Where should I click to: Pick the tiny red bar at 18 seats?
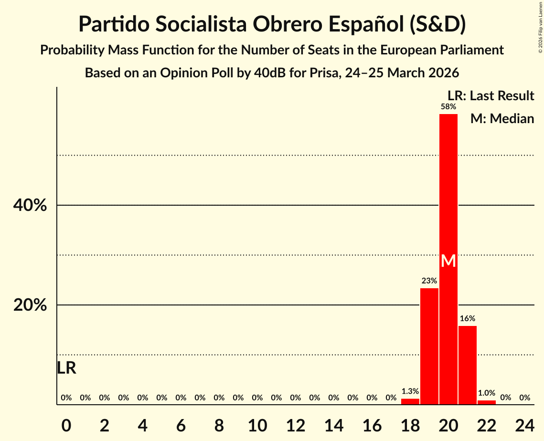(x=410, y=401)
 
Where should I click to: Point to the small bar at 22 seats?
(x=486, y=402)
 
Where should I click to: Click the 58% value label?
(x=448, y=107)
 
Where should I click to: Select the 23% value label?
(x=429, y=281)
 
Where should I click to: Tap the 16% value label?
(x=467, y=319)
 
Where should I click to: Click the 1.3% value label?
(x=410, y=391)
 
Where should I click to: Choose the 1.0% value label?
(x=486, y=393)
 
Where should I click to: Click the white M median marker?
(x=448, y=261)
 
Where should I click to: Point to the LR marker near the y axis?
(x=66, y=368)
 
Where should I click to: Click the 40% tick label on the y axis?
(x=30, y=206)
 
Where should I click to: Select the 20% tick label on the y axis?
(x=30, y=305)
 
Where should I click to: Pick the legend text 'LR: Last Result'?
(x=491, y=96)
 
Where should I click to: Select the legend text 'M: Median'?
(x=501, y=118)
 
